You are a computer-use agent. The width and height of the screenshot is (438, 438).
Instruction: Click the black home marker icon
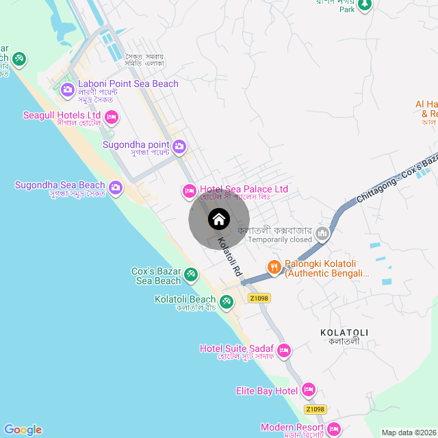coord(218,220)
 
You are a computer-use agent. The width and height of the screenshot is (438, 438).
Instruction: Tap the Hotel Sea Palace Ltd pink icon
coord(190,190)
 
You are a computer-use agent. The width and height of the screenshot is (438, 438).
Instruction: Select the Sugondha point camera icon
coord(179,146)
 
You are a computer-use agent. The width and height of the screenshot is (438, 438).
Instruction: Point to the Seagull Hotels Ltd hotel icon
coord(111,117)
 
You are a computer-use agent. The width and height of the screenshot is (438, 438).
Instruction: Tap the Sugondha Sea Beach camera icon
coord(115,187)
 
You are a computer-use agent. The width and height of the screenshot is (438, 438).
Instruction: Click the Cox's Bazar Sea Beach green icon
coord(191,275)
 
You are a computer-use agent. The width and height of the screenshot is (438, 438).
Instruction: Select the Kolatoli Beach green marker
coord(226,300)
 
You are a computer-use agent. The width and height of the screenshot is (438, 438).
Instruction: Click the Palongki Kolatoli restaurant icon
coord(274,267)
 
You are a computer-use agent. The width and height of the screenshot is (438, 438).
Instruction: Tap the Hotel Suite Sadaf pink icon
coord(283,350)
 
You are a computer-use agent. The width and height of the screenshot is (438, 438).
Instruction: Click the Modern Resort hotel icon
coord(333,429)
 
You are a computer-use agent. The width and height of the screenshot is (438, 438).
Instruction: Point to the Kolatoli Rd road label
coord(230,256)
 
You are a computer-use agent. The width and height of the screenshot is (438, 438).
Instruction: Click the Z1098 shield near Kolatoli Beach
coord(259,298)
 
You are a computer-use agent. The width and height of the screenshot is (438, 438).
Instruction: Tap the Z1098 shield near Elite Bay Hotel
coord(315,409)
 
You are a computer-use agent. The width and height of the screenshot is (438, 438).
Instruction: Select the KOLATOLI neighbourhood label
coord(344,333)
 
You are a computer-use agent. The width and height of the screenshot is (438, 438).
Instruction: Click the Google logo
coord(23,430)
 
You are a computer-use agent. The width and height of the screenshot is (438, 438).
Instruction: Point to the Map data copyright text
coord(407,433)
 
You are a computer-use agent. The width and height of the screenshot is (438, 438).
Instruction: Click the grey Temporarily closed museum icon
coord(322,235)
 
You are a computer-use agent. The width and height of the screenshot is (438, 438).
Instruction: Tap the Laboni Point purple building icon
coord(67,90)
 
